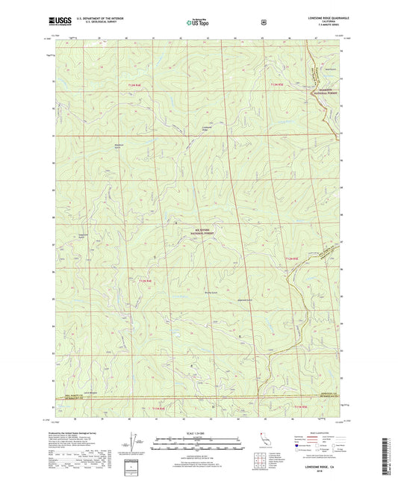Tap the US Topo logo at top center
pyautogui.click(x=196, y=23)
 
